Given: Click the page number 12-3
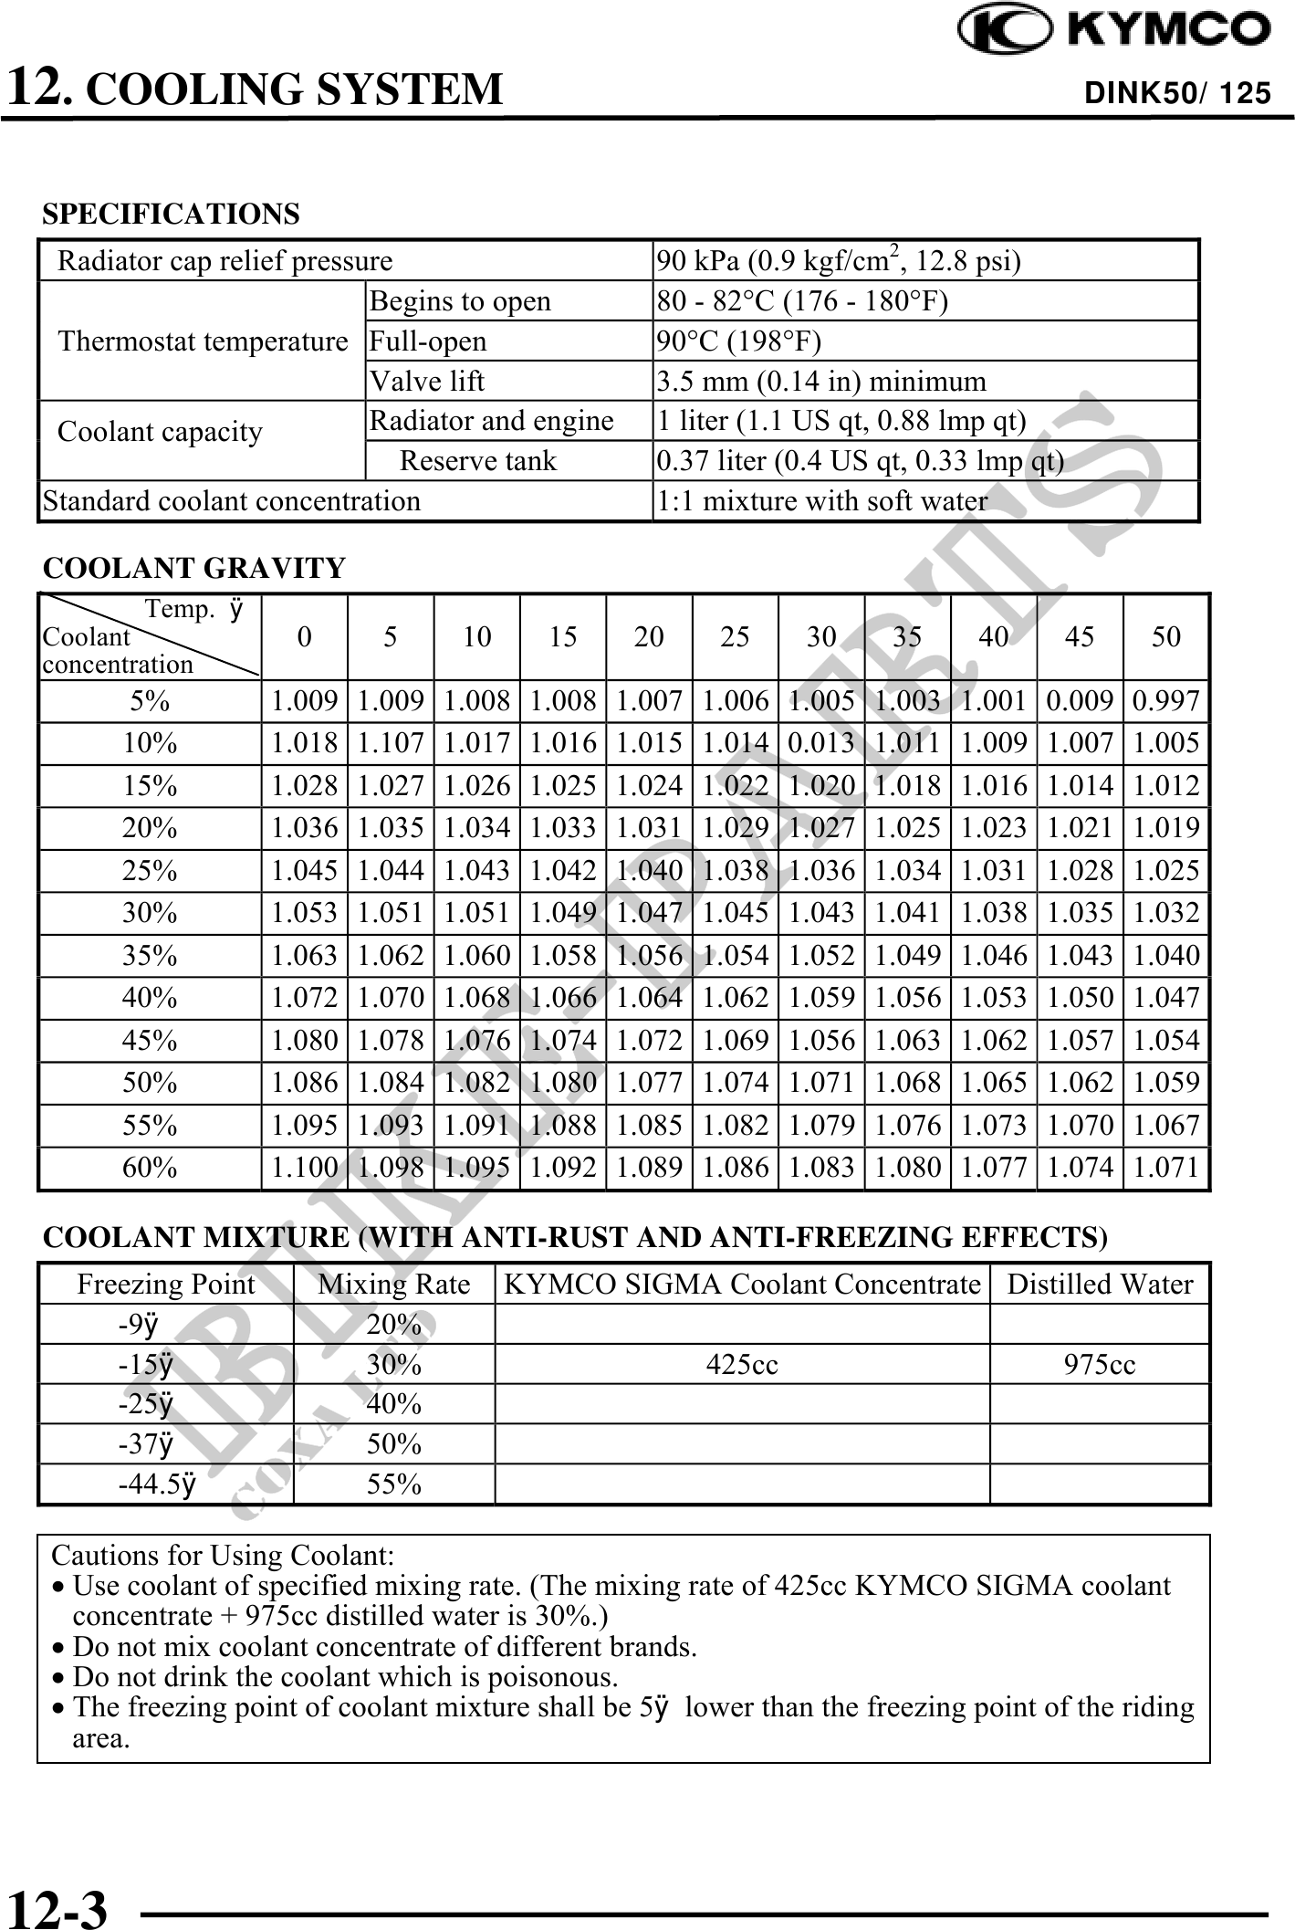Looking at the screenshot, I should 57,1905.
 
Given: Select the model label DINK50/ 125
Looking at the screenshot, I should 1176,93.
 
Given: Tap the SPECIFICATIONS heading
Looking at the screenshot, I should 171,214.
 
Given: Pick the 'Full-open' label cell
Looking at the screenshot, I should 427,341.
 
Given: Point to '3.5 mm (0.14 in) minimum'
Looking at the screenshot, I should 821,381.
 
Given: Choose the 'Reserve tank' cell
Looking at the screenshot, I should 477,461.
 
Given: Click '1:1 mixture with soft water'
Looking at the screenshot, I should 821,501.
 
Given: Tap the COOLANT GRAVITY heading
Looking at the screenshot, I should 194,568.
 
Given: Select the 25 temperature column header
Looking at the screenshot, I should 735,636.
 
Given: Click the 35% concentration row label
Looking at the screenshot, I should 150,956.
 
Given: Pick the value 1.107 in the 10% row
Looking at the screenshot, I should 391,743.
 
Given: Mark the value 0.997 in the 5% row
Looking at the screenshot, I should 1165,701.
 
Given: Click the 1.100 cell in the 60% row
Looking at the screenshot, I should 305,1168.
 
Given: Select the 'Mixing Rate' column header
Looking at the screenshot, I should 393,1285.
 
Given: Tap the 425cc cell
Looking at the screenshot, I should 742,1365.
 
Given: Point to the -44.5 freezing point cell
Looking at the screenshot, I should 157,1485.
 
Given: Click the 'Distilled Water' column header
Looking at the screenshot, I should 1100,1285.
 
